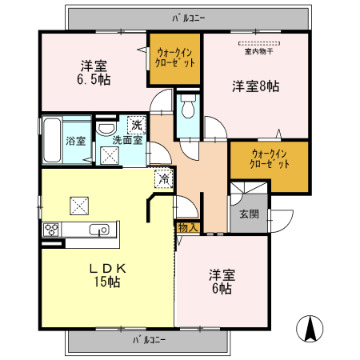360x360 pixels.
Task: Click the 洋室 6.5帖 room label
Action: tap(94, 72)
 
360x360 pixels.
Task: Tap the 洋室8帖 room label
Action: tap(254, 85)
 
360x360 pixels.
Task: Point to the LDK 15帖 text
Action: tap(107, 274)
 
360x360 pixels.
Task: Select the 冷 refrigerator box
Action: tap(163, 179)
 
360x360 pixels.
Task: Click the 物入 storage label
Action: tap(186, 228)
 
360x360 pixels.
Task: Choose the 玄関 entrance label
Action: tap(249, 214)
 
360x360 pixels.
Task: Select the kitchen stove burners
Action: tap(52, 230)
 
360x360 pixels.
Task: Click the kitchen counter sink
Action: tap(100, 230)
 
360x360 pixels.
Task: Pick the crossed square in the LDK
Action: tap(81, 206)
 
